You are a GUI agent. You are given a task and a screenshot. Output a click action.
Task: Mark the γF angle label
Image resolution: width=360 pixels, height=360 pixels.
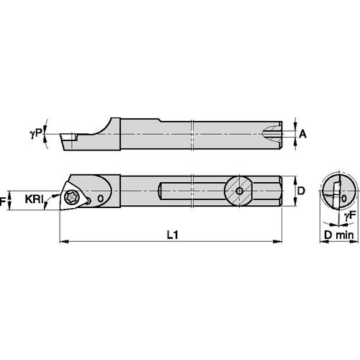pos(348,215)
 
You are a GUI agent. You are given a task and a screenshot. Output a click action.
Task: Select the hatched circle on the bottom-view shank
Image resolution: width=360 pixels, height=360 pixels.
pos(238,191)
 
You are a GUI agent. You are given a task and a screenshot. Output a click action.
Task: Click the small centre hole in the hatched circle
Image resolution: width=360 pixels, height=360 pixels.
pos(238,191)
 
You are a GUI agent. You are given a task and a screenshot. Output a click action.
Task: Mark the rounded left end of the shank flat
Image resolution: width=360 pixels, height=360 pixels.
pos(161,191)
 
